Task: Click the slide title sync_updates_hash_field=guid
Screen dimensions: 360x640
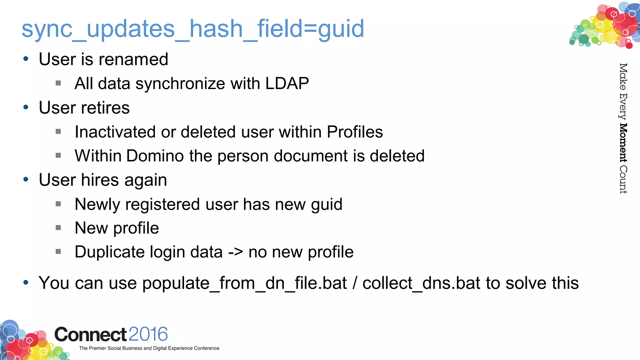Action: tap(192, 29)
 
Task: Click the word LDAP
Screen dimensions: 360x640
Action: tap(287, 83)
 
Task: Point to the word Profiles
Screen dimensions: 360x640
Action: tap(355, 132)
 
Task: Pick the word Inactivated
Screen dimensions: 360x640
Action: tap(115, 132)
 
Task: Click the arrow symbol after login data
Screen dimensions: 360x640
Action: tap(235, 252)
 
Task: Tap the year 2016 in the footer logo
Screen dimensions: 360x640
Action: tap(148, 334)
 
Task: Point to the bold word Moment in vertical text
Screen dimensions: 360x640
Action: tap(623, 143)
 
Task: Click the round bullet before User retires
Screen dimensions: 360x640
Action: tap(26, 107)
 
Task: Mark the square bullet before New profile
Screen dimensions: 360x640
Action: tap(58, 228)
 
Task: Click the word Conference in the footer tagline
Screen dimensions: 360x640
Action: tap(207, 348)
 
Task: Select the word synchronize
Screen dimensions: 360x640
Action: tap(180, 84)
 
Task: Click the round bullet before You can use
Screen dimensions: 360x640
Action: tap(26, 282)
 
